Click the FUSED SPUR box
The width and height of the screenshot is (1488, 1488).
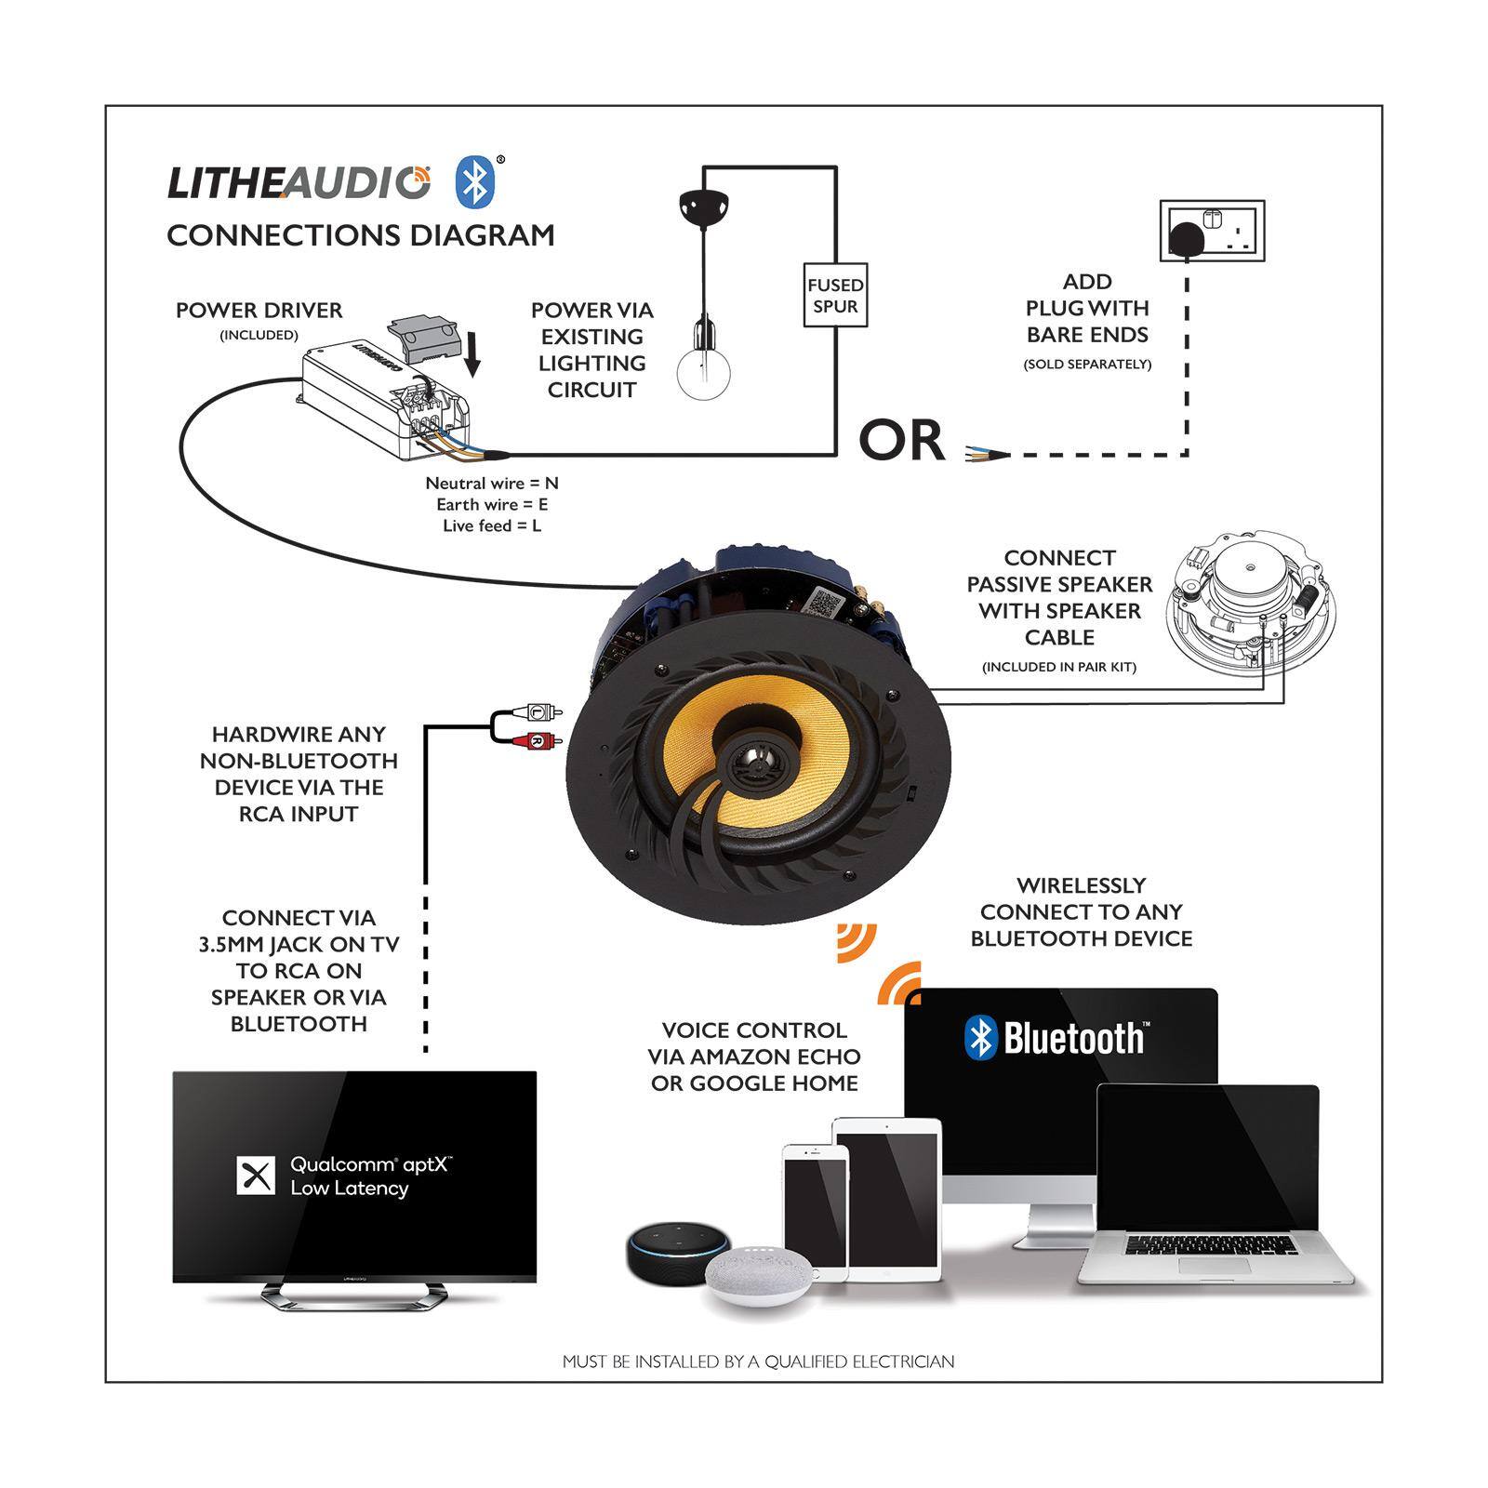pos(835,295)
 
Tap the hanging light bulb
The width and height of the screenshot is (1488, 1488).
pos(702,372)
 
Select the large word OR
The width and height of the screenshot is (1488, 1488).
pos(901,441)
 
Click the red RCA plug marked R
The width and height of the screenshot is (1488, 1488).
pos(537,741)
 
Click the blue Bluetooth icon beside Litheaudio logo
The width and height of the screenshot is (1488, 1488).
pos(474,182)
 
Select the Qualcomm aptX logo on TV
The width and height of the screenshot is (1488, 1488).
pos(257,1176)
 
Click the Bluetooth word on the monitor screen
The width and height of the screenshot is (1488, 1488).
pos(1072,1038)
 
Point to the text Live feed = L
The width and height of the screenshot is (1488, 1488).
pos(492,526)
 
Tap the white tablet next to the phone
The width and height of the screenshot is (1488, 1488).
pos(888,1200)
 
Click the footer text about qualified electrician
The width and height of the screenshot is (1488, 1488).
pos(758,1362)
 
